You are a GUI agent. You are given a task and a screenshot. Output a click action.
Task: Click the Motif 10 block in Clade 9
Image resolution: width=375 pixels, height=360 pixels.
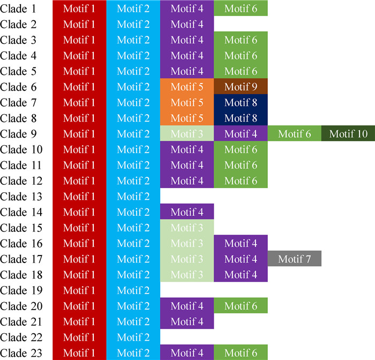348,134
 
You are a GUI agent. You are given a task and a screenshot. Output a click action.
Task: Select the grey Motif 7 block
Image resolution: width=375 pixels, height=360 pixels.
294,259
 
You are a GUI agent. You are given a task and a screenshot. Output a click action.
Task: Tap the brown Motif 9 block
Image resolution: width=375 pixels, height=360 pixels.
241,87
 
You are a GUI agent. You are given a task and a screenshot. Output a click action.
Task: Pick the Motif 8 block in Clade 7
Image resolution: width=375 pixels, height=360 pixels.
241,102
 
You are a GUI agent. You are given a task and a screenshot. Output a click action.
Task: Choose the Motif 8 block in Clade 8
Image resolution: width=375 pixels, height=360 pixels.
241,118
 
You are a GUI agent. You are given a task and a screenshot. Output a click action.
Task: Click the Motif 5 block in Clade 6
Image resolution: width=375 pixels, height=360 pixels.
187,87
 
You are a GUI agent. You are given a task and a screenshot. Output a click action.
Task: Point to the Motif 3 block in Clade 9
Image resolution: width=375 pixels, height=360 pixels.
187,134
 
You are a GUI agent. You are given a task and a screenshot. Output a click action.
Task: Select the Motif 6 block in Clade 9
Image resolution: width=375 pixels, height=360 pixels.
294,134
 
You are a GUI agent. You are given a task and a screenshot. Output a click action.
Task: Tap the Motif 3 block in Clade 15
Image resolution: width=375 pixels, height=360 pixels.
187,228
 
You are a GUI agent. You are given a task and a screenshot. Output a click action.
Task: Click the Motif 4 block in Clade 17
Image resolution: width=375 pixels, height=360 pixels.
241,259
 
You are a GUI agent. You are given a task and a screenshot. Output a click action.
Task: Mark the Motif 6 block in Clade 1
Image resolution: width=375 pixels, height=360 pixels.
241,9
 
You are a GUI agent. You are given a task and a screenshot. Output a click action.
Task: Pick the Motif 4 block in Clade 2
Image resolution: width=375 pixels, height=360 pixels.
187,24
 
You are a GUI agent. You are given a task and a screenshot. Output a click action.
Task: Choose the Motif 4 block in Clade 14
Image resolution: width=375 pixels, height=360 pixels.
187,212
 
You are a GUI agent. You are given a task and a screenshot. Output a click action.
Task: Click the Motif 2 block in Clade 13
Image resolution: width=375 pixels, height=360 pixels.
133,197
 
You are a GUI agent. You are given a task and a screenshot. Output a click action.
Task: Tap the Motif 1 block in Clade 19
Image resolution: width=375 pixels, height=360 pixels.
79,290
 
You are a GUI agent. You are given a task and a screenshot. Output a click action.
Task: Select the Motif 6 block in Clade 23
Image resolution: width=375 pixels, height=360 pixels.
241,353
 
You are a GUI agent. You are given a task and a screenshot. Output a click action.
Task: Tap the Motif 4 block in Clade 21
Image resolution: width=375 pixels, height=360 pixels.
187,321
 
